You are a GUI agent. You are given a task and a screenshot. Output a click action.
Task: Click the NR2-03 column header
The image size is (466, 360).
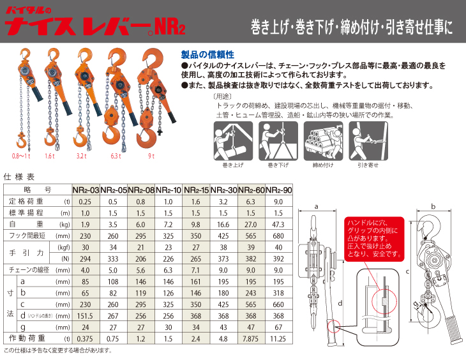(86, 190)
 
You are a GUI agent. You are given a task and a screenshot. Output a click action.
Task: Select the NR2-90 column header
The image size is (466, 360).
(278, 190)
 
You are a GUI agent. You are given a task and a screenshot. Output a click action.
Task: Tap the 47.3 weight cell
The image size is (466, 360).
(278, 225)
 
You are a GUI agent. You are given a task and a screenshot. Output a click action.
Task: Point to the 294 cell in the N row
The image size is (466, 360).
(86, 259)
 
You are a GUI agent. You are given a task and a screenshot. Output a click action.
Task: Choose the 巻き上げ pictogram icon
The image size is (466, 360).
(228, 140)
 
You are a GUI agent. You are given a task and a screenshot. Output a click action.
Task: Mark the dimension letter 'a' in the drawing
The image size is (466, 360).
(315, 206)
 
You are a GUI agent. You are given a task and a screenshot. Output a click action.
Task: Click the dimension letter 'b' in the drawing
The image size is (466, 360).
(433, 206)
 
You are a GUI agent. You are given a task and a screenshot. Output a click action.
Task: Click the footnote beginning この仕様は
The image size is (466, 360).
(57, 350)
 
